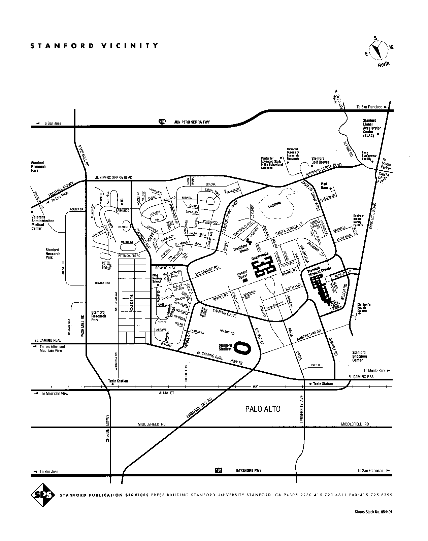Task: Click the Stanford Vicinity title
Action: tap(94, 46)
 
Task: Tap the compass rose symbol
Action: tap(379, 50)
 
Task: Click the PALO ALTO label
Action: tap(263, 409)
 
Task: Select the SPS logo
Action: tap(43, 495)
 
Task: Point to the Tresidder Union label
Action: tap(241, 247)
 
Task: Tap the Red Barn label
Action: tap(324, 186)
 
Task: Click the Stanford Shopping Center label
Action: tap(359, 356)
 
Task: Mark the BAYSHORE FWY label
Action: tap(249, 470)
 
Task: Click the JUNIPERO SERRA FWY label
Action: tap(192, 122)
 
